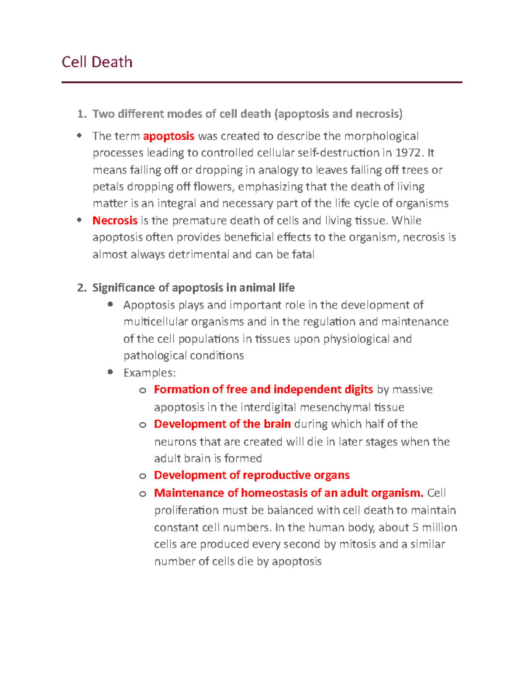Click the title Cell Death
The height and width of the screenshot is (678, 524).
click(x=97, y=62)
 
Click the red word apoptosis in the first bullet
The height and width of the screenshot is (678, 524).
click(x=169, y=136)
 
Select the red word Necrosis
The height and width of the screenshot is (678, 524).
click(x=115, y=220)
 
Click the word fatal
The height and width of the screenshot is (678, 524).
click(x=302, y=255)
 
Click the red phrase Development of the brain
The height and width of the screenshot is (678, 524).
click(x=222, y=424)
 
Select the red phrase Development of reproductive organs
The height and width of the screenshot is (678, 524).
click(x=252, y=475)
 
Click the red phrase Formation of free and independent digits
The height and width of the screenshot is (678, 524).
click(x=263, y=389)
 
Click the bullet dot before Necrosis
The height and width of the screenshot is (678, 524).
click(x=79, y=220)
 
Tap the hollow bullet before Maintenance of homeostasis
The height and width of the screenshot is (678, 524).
click(x=142, y=494)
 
